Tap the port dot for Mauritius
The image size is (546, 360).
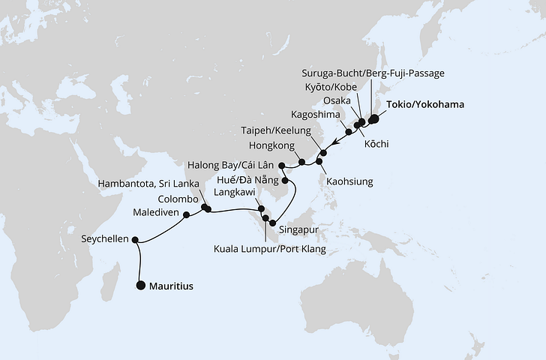pos(141,285)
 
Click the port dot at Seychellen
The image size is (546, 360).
pos(135,240)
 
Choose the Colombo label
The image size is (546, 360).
pos(178,199)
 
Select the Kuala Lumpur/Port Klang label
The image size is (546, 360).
pos(270,248)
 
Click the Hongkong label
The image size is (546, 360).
pos(271,146)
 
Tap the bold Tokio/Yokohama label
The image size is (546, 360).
pos(425,105)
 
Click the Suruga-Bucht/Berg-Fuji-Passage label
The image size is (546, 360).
pos(373,73)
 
